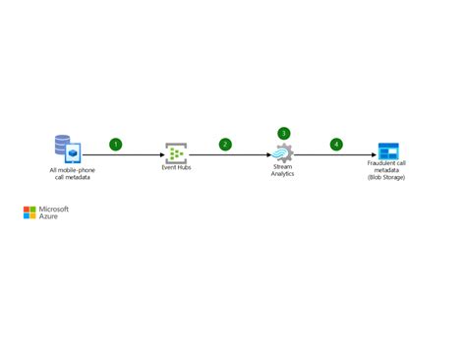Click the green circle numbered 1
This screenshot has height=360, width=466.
click(115, 145)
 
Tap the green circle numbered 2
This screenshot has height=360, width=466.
click(225, 145)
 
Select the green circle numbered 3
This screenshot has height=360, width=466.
click(284, 133)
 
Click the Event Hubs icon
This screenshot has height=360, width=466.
click(176, 152)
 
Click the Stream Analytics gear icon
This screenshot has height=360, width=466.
click(283, 153)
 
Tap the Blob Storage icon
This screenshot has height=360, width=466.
click(389, 151)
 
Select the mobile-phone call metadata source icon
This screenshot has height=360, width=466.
click(67, 149)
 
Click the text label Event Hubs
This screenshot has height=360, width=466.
click(176, 168)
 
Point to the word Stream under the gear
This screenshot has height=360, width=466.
click(283, 168)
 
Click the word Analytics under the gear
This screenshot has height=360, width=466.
click(283, 174)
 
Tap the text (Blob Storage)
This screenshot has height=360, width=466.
click(386, 177)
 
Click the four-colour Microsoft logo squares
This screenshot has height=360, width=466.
click(29, 212)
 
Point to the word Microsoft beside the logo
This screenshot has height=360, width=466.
click(53, 209)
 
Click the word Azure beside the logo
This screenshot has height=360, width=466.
click(48, 216)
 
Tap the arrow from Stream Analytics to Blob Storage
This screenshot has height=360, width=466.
click(334, 154)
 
